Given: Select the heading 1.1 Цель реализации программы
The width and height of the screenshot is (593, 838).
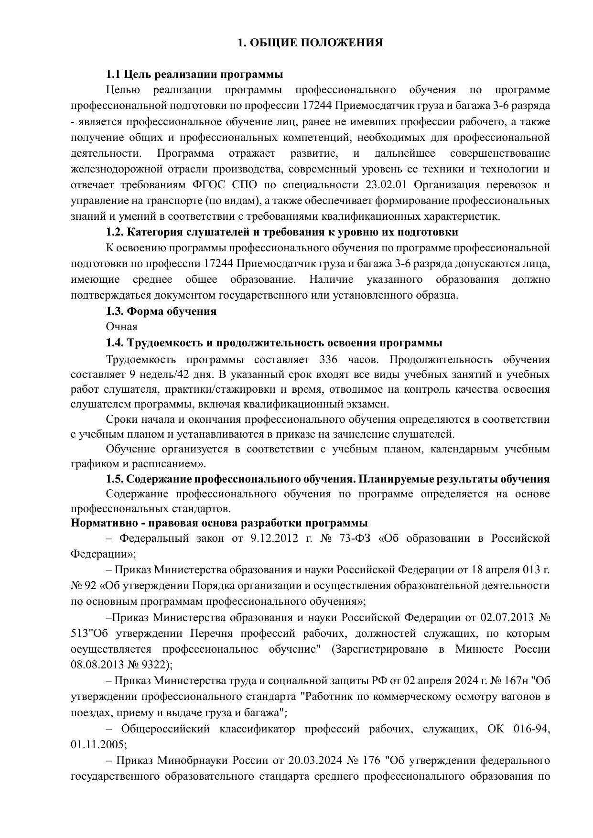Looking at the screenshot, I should click(x=194, y=75).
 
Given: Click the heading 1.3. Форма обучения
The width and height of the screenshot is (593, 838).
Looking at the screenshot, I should click(x=161, y=312).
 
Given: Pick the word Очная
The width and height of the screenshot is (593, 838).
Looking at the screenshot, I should click(x=121, y=327).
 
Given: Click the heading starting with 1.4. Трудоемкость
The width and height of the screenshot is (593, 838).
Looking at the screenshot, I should click(x=274, y=343).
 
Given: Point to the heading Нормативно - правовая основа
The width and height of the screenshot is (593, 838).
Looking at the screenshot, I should click(x=219, y=523).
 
